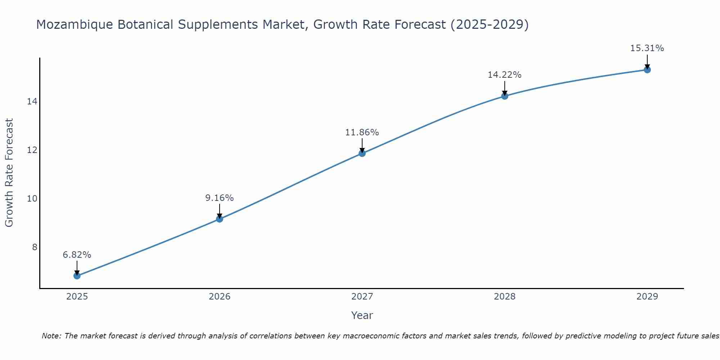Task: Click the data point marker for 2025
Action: click(x=77, y=276)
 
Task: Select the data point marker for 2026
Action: click(x=220, y=219)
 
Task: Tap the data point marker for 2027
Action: click(x=362, y=153)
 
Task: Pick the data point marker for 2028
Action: click(x=505, y=96)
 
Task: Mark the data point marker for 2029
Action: click(x=647, y=69)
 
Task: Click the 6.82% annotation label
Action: click(x=77, y=255)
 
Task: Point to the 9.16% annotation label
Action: click(x=220, y=198)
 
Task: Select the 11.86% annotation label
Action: click(x=362, y=132)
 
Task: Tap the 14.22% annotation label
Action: click(x=505, y=75)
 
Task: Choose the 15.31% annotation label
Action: click(x=647, y=48)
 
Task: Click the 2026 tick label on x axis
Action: click(x=220, y=297)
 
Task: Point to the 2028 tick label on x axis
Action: click(x=505, y=297)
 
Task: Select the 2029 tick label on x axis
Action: click(x=647, y=297)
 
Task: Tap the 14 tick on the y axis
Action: click(x=32, y=102)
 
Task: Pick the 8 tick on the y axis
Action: click(x=35, y=247)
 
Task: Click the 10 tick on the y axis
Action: click(x=32, y=198)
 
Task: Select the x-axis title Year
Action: click(x=362, y=315)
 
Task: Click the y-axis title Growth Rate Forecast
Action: click(x=9, y=173)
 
